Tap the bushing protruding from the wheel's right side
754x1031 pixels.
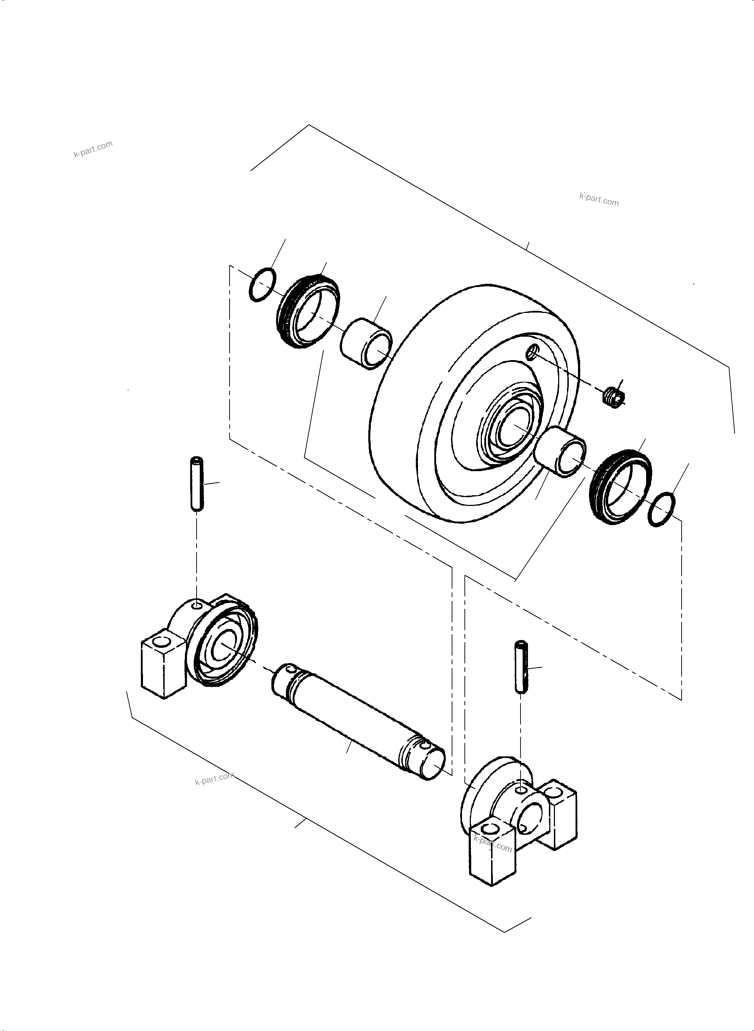tap(562, 452)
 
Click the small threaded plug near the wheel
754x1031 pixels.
tap(614, 397)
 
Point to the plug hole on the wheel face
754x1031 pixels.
tap(533, 352)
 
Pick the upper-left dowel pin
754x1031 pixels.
tap(197, 483)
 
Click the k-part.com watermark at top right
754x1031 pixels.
tap(599, 199)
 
